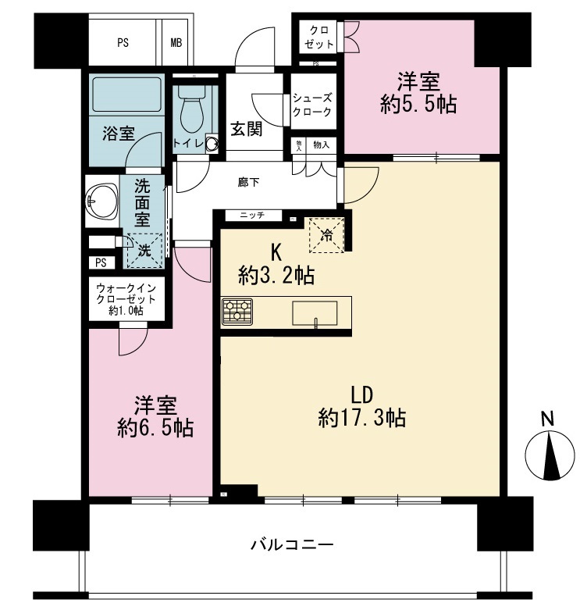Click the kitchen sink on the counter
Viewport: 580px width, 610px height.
(x=315, y=313)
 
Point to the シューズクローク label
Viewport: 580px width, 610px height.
(x=312, y=105)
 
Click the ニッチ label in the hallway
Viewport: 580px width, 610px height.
(x=251, y=216)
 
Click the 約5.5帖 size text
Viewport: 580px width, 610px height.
(x=419, y=105)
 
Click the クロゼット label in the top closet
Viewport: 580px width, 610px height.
(x=318, y=36)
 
